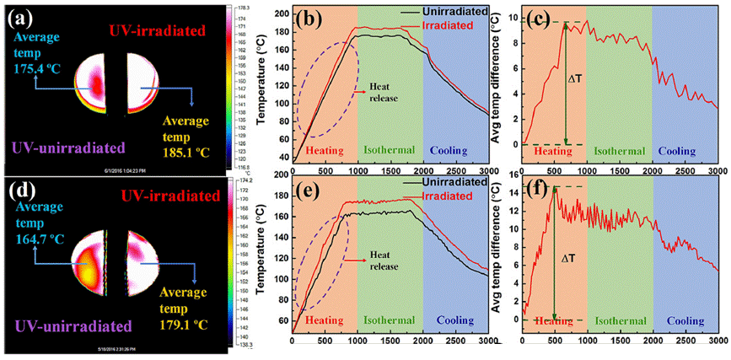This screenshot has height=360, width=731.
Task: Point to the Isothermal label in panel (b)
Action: click(x=389, y=150)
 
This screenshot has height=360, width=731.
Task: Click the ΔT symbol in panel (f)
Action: click(x=570, y=250)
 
